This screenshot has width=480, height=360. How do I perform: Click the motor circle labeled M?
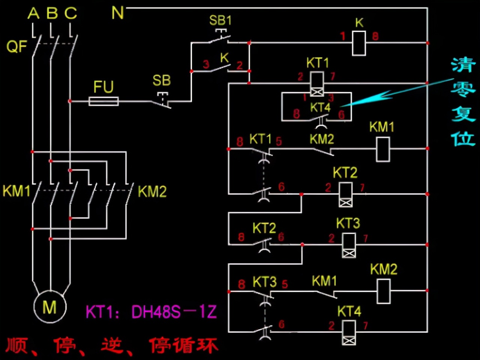click(x=50, y=307)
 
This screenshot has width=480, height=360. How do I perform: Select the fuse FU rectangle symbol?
click(x=103, y=101)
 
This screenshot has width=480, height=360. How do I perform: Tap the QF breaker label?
click(x=16, y=47)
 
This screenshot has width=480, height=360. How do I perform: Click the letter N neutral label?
click(x=117, y=13)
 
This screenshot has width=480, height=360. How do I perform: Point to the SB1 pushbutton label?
click(x=220, y=20)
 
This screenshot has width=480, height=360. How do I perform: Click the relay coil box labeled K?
click(x=359, y=43)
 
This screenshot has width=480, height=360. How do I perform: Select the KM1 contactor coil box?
click(x=383, y=149)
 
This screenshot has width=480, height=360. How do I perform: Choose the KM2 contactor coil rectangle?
click(x=384, y=291)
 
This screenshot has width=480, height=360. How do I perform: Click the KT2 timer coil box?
click(x=345, y=194)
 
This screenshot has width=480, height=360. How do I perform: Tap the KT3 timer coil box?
click(x=349, y=245)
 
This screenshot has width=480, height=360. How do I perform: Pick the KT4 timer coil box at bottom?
click(x=349, y=332)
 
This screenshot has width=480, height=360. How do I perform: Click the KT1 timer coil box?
click(x=317, y=84)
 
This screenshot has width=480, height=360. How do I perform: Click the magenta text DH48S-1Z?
click(x=174, y=312)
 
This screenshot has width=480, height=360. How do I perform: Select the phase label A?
click(x=33, y=14)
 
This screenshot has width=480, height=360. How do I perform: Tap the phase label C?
click(x=70, y=14)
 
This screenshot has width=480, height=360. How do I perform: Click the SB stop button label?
click(x=162, y=80)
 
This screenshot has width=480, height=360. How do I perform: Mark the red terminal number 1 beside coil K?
click(x=343, y=36)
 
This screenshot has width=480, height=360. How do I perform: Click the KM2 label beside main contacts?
click(x=152, y=192)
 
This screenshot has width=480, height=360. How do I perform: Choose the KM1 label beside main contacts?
click(x=16, y=191)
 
